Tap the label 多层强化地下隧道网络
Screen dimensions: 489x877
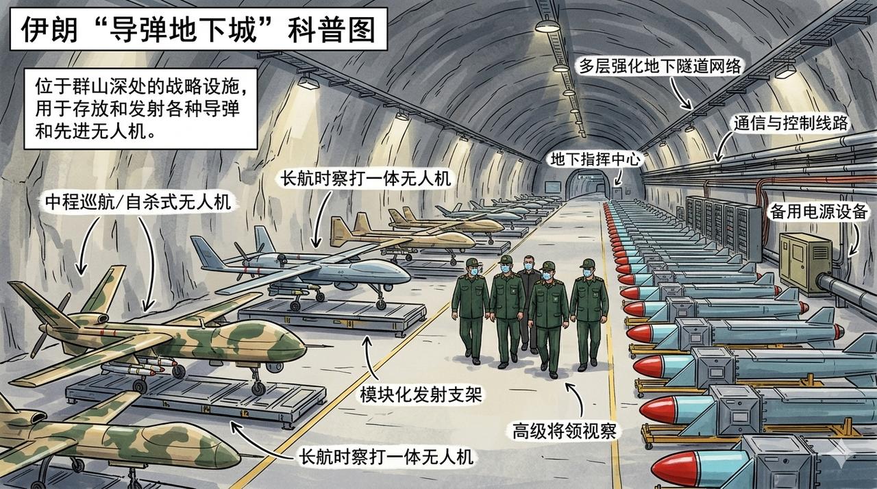[x=661, y=67]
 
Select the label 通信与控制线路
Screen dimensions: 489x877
[x=791, y=124]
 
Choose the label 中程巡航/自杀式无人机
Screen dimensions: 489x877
[x=137, y=203]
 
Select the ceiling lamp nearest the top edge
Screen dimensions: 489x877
[x=546, y=25]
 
